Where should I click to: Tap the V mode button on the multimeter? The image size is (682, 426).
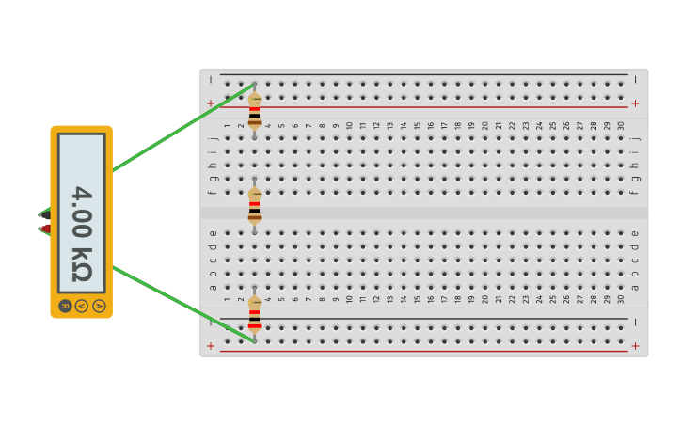pos(82,306)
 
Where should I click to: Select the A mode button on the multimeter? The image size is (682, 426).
pos(99,306)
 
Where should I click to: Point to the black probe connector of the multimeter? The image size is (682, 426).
pos(44,215)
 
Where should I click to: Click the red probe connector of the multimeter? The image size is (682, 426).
pos(44,228)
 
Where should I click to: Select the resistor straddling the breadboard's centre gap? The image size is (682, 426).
pos(254,205)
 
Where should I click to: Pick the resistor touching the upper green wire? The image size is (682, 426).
pos(254,110)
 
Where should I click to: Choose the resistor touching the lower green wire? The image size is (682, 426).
pos(254,314)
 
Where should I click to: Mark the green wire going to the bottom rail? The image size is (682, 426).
pos(179,302)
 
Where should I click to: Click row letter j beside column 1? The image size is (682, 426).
pos(213,138)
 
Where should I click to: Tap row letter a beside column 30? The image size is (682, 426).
pos(635,287)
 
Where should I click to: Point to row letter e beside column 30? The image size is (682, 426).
pos(635,233)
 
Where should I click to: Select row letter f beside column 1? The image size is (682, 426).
pos(213,192)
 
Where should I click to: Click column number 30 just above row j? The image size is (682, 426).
pos(621,125)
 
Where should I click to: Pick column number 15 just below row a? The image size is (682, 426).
pos(417,299)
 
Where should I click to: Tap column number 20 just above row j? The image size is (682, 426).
pos(484,125)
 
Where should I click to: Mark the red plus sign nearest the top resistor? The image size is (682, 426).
pos(211,103)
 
